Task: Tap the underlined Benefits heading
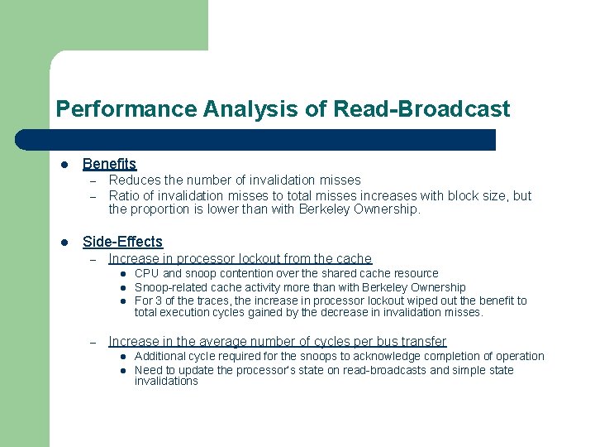109,165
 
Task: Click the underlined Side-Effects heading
122,242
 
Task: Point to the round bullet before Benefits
61,166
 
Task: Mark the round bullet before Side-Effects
61,243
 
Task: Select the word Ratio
125,196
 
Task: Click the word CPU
146,273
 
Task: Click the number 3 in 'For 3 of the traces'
160,300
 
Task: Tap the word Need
149,370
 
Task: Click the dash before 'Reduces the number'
94,180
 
